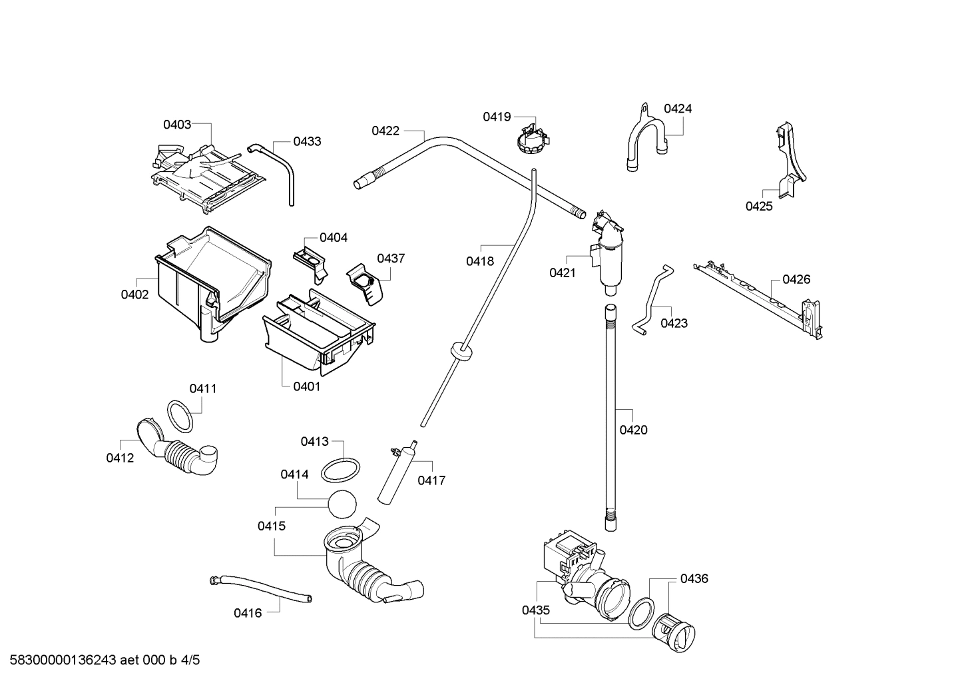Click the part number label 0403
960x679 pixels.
pos(177,124)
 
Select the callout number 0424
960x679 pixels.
pos(678,109)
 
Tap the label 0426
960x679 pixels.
pos(796,279)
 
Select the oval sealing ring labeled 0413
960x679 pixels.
pos(341,470)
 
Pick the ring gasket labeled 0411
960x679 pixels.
pos(179,416)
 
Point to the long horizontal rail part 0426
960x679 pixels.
pos(759,294)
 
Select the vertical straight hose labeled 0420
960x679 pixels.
pos(610,416)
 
